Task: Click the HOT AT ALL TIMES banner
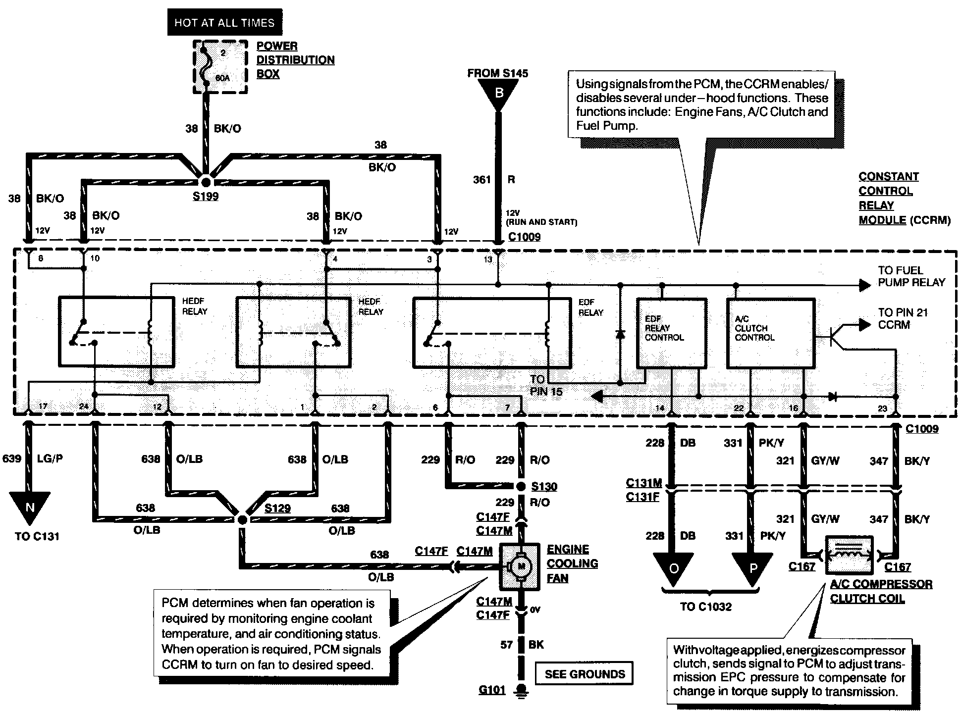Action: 224,23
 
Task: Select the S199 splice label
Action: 206,197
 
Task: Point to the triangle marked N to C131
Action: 30,507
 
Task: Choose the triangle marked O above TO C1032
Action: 673,568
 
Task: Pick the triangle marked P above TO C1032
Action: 752,568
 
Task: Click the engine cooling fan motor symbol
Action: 520,567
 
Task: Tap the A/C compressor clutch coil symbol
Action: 849,554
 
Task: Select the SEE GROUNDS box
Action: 585,674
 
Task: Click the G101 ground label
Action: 492,689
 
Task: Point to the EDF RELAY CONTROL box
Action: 671,333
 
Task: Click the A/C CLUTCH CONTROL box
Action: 770,333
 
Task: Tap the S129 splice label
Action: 277,508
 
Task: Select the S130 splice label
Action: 544,486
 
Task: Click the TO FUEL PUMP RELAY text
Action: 911,276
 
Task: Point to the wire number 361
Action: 481,180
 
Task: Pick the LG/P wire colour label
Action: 50,458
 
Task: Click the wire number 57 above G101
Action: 506,645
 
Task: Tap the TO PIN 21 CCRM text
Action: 903,318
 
